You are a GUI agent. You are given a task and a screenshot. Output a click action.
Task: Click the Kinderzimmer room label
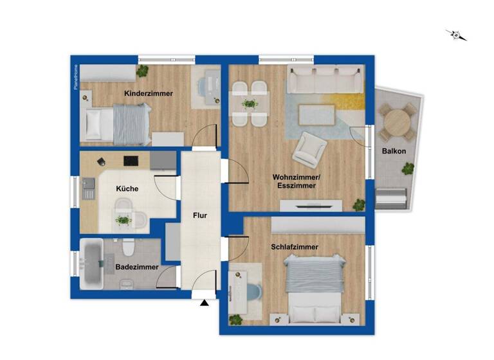[148, 93]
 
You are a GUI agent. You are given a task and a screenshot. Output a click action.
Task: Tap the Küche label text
[127, 189]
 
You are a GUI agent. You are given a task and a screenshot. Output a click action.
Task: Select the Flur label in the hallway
[199, 216]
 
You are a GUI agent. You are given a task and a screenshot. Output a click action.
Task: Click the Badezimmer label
[136, 267]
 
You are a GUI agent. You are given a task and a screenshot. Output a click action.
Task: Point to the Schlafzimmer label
[295, 246]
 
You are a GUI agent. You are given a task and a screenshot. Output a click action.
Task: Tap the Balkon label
[393, 151]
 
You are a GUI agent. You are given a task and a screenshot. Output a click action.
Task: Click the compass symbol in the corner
[457, 35]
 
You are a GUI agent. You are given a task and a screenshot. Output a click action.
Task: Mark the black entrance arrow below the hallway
[205, 302]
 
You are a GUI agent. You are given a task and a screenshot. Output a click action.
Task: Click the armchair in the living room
[307, 149]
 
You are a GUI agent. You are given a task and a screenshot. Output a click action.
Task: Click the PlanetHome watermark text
[75, 77]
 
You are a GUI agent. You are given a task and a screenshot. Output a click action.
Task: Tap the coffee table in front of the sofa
[317, 114]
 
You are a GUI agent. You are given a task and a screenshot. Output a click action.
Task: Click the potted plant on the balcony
[407, 169]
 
